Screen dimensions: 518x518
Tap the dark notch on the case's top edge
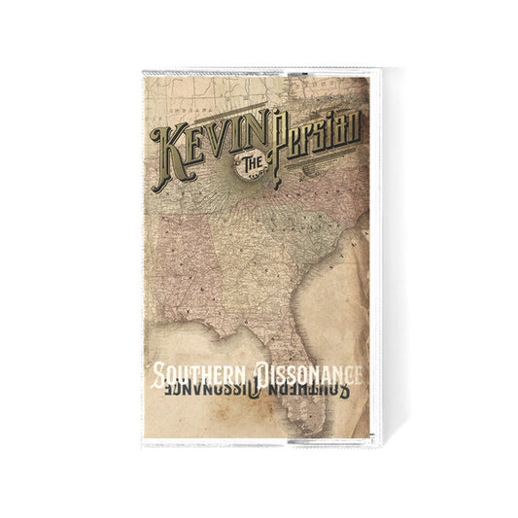(273, 73)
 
